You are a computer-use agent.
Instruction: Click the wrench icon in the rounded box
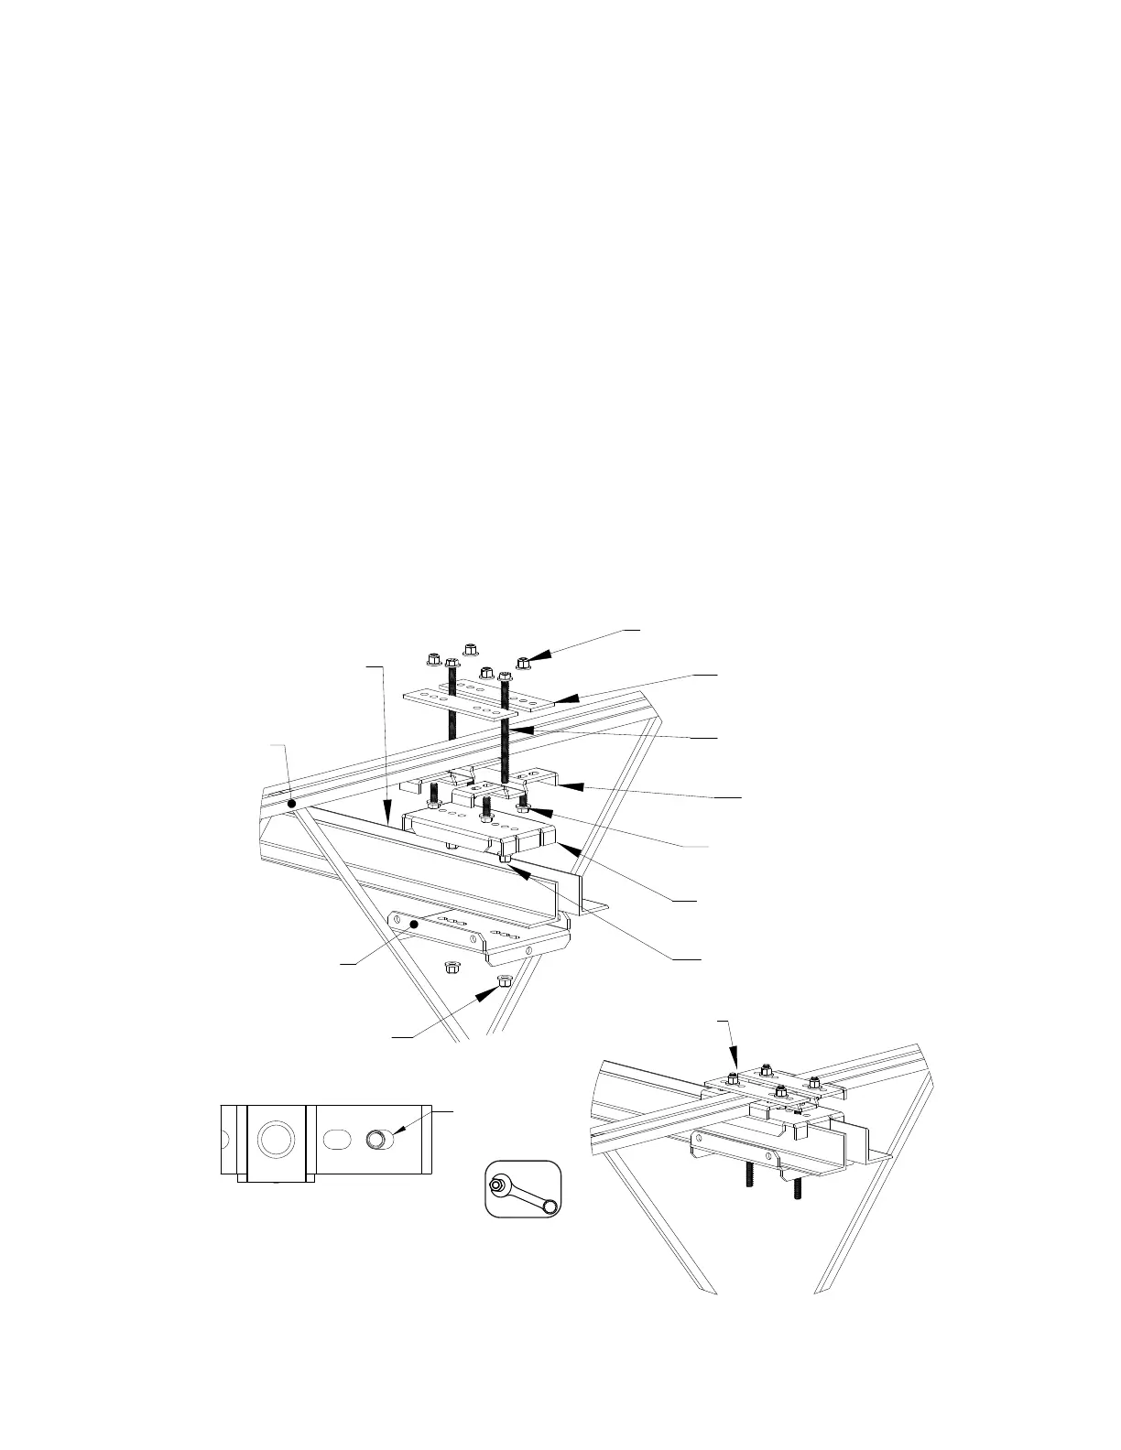(522, 1191)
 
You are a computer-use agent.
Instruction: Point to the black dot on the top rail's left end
(292, 804)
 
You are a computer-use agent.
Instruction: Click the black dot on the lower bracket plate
(415, 925)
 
